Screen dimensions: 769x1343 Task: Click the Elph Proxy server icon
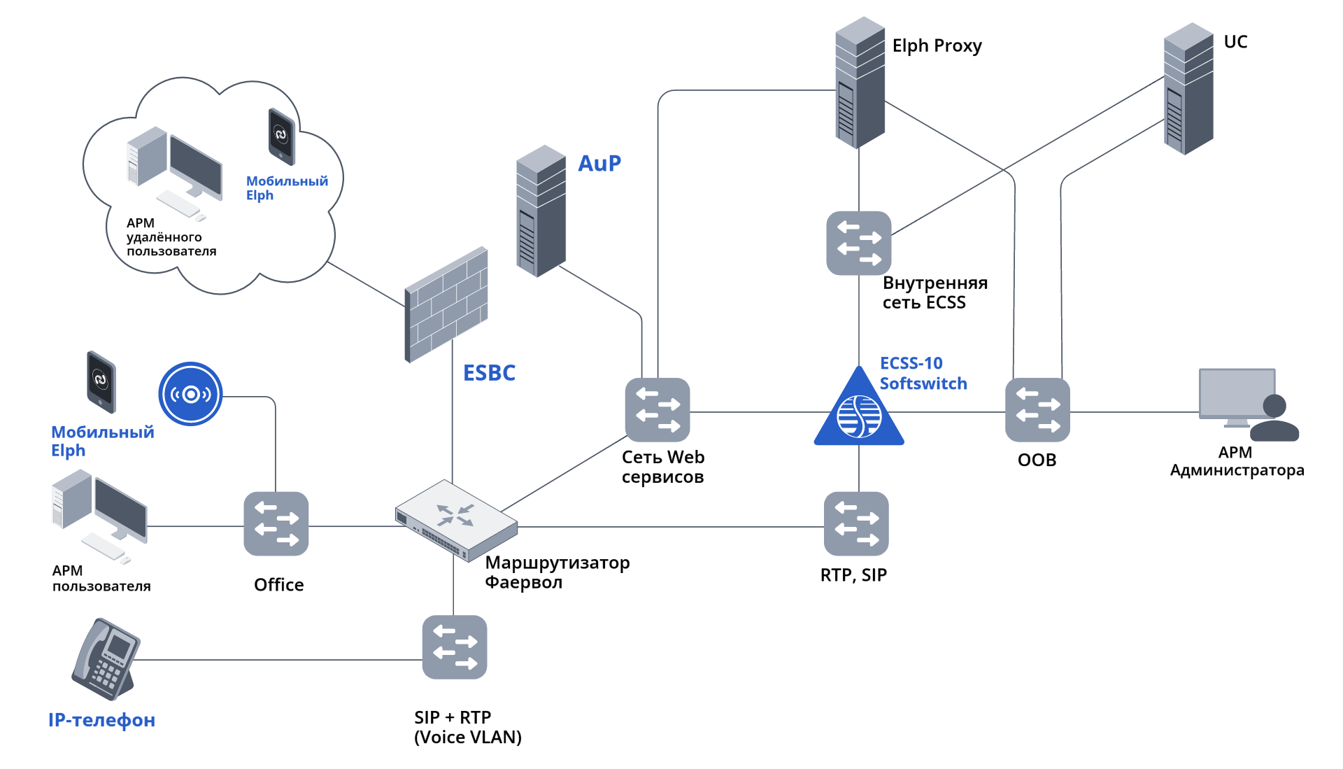click(x=860, y=83)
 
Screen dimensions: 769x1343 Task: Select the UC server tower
click(x=1188, y=89)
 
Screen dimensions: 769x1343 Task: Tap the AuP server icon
click(x=541, y=211)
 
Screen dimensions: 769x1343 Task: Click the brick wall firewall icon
click(x=446, y=304)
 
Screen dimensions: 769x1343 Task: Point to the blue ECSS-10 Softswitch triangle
click(x=859, y=412)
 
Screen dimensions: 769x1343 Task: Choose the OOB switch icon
click(x=1037, y=410)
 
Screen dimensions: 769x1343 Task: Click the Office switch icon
click(x=276, y=524)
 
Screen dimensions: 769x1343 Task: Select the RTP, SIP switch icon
click(x=856, y=524)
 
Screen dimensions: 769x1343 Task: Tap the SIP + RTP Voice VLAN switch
click(x=455, y=647)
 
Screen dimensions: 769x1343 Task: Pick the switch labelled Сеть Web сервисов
click(x=658, y=410)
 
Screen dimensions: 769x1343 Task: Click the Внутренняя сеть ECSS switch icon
click(x=859, y=243)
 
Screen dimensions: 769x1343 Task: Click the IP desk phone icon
click(x=106, y=658)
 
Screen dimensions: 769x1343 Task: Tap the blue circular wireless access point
click(x=190, y=394)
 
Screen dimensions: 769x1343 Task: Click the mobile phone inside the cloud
click(x=281, y=136)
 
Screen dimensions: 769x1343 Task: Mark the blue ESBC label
click(x=489, y=373)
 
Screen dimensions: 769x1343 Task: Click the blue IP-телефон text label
click(x=101, y=720)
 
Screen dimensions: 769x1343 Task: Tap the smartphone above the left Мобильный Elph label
click(x=101, y=381)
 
